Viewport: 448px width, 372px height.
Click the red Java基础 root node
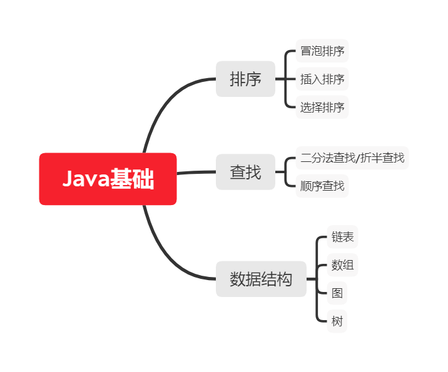click(108, 179)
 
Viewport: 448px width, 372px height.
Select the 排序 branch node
click(245, 79)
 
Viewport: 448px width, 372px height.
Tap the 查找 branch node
click(245, 172)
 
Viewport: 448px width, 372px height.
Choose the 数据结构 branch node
click(261, 279)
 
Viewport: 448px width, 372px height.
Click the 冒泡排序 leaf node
click(322, 51)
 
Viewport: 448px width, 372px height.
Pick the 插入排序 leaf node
click(322, 79)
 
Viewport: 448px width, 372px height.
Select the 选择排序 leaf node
click(322, 108)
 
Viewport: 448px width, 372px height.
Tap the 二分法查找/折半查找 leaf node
click(352, 158)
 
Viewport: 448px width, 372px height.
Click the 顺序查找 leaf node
click(322, 186)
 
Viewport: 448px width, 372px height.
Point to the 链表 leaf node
click(342, 237)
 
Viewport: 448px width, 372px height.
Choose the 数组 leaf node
click(342, 265)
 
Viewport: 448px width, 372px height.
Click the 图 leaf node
click(337, 293)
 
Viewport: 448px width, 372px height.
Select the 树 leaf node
click(337, 322)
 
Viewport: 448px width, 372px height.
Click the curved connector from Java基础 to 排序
click(161, 106)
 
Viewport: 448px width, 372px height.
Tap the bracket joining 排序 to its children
click(286, 79)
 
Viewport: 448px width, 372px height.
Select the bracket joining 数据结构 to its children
click(317, 279)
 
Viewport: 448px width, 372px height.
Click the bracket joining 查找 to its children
click(286, 172)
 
